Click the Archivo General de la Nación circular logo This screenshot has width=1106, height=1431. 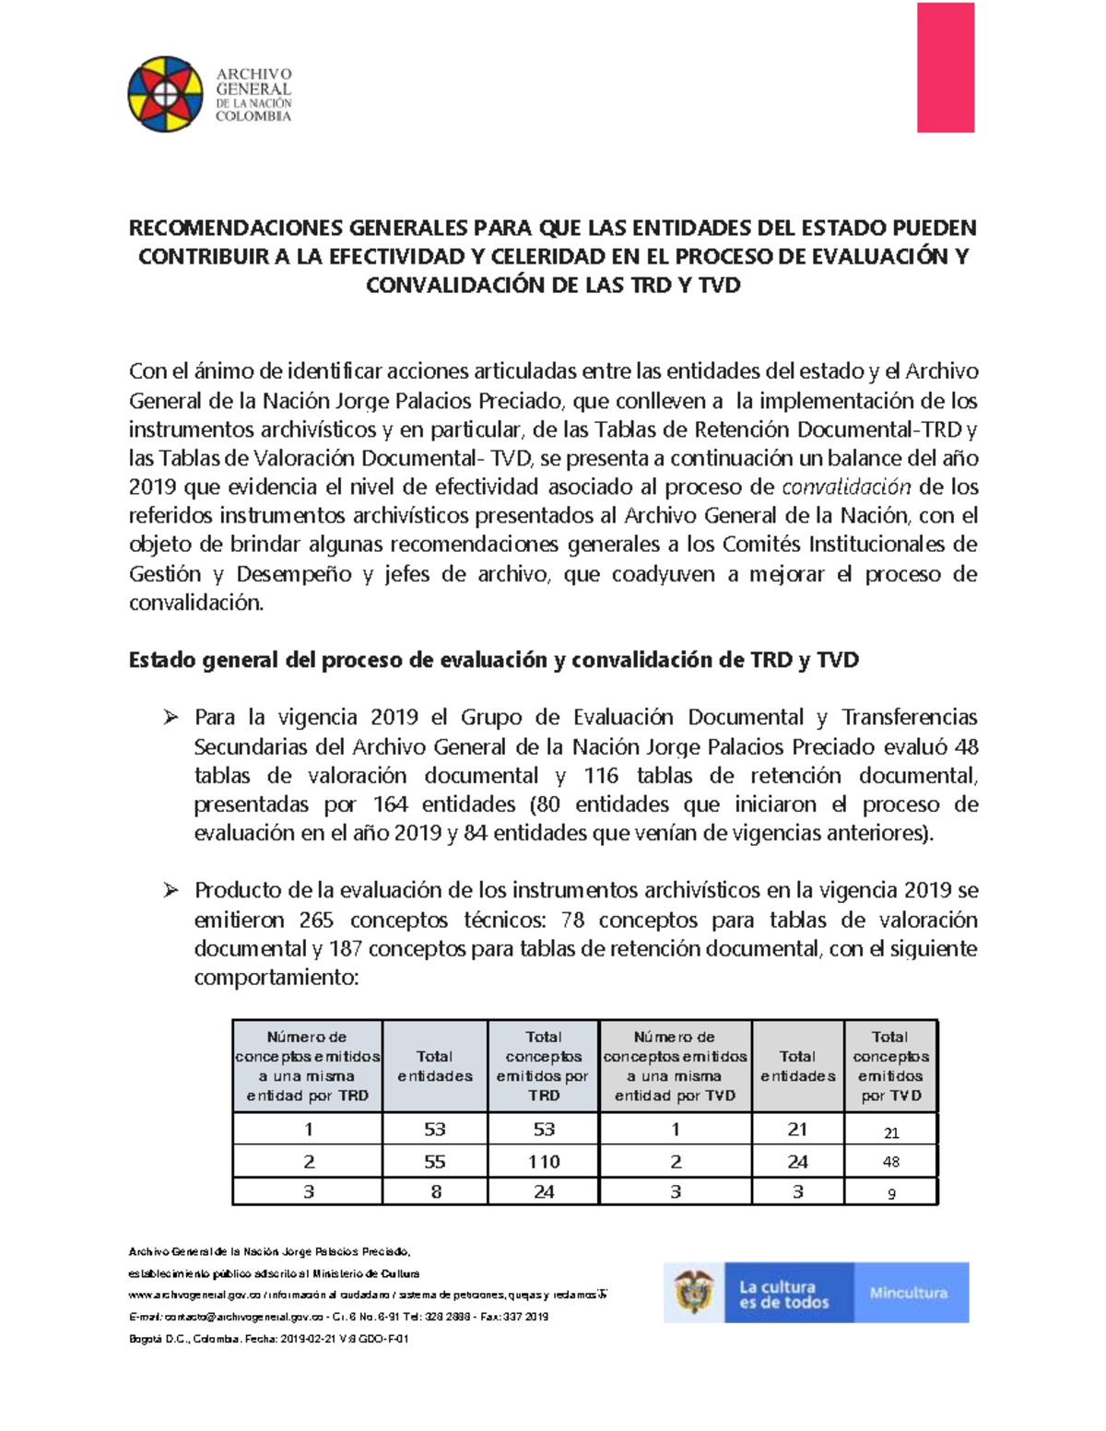(165, 94)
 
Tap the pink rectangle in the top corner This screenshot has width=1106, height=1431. (945, 67)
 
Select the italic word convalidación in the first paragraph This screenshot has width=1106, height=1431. (846, 487)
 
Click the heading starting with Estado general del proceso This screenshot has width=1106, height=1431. (493, 660)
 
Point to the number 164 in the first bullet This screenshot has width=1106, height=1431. (391, 804)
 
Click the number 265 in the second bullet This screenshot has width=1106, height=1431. (317, 920)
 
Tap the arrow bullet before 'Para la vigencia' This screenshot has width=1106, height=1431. (170, 717)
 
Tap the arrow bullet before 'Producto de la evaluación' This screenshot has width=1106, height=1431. (170, 890)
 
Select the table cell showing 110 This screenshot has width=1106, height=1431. (544, 1162)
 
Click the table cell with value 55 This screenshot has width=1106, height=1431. (435, 1162)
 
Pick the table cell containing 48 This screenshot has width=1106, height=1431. (890, 1162)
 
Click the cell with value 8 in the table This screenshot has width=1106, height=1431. (435, 1191)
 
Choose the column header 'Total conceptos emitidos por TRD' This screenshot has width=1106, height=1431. (544, 1066)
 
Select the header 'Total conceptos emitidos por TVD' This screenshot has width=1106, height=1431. (890, 1066)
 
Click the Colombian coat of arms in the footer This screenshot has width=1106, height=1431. (695, 1292)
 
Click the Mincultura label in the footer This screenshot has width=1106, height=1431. (908, 1293)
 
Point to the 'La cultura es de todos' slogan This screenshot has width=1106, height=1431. (783, 1294)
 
